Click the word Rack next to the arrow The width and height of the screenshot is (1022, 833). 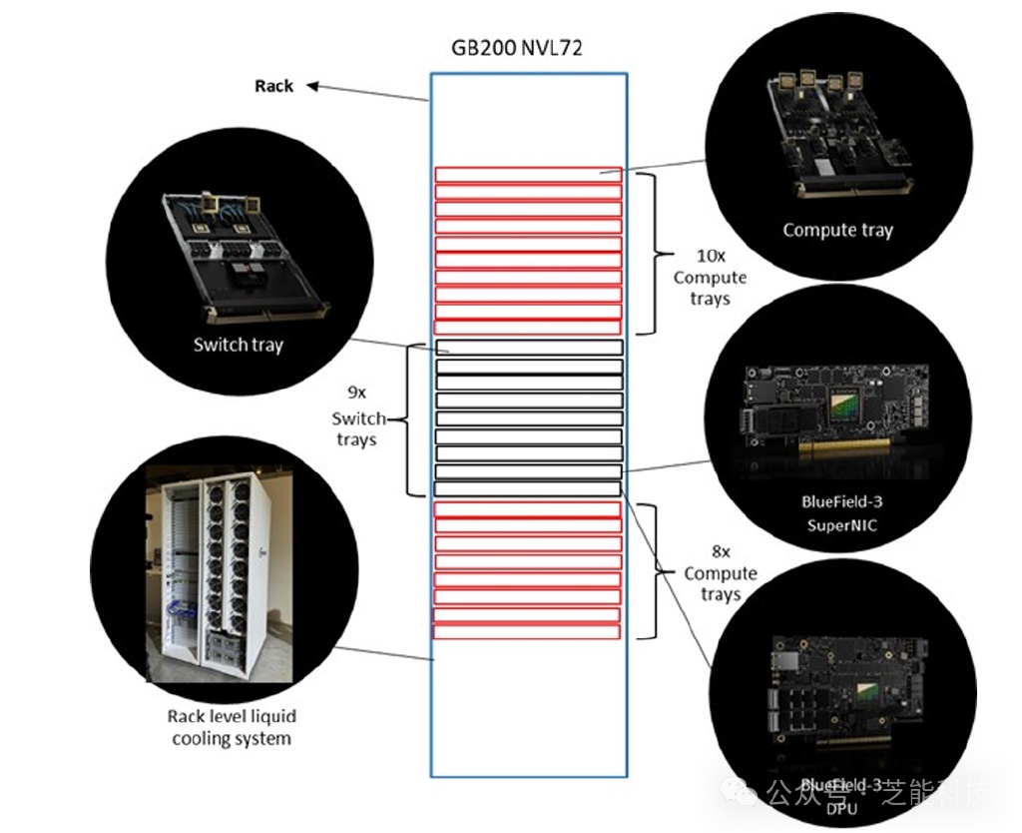pos(273,86)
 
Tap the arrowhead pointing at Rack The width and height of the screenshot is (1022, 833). pos(312,87)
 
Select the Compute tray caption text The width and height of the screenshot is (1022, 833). pos(837,230)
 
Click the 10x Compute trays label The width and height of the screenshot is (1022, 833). pos(709,278)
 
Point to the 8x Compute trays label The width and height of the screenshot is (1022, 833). pos(720,573)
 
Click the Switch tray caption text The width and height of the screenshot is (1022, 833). pos(239,346)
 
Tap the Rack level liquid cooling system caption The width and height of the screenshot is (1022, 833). pos(232,728)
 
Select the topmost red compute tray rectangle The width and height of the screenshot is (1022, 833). pos(528,175)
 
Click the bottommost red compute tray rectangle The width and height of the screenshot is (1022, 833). pos(527,631)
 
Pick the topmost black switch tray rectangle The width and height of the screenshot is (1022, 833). pos(529,348)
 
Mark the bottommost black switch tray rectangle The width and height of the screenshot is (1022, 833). pos(527,489)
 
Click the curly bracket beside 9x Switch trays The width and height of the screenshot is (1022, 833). pos(409,418)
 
